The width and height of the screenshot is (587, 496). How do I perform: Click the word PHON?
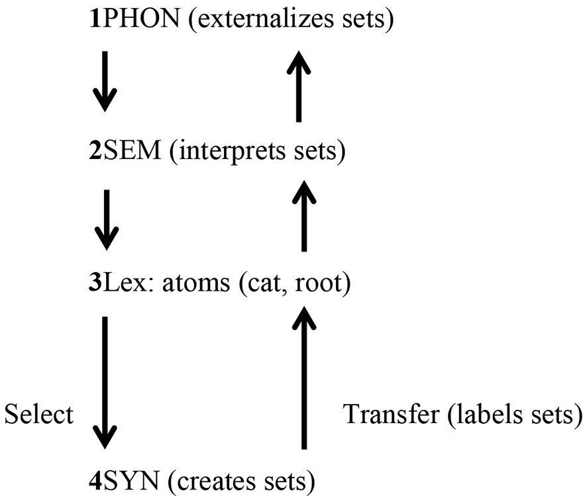(140, 18)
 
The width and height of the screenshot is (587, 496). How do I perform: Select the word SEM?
(131, 150)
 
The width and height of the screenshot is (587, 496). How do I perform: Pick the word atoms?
(196, 283)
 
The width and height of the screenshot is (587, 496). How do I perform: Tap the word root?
(318, 283)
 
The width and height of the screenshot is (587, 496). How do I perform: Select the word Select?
(39, 414)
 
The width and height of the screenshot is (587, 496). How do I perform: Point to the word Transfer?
(392, 414)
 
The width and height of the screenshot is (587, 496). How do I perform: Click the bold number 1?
(95, 18)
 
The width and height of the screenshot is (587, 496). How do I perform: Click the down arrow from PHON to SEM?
(105, 81)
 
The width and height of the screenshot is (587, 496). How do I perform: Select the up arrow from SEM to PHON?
(298, 86)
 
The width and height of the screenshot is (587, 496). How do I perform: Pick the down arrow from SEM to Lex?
(107, 220)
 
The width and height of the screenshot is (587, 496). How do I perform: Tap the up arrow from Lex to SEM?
(304, 216)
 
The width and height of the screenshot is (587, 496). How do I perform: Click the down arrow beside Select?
(105, 383)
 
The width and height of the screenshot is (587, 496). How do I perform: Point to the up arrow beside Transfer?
(304, 377)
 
